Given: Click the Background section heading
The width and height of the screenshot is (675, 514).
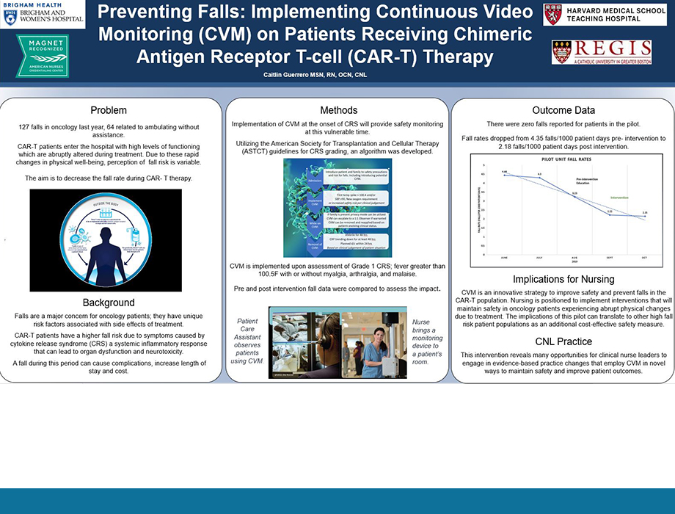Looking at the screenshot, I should pyautogui.click(x=108, y=303).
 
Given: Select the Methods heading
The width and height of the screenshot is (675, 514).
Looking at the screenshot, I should pyautogui.click(x=339, y=109).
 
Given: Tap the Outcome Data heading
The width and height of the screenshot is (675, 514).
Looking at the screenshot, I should pyautogui.click(x=563, y=110).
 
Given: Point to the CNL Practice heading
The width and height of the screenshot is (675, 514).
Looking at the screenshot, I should pyautogui.click(x=563, y=341).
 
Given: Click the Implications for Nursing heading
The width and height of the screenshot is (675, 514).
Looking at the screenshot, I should pyautogui.click(x=563, y=279).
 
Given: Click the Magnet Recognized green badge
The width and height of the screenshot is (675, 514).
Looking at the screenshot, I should pyautogui.click(x=42, y=56).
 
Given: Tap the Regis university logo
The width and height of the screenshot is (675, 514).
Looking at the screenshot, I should pyautogui.click(x=601, y=52).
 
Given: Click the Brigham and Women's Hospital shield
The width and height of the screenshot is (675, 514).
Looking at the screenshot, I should pyautogui.click(x=10, y=18).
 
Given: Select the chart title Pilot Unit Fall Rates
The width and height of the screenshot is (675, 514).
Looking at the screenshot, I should pyautogui.click(x=563, y=158).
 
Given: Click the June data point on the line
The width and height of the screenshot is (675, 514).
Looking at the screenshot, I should pyautogui.click(x=505, y=175).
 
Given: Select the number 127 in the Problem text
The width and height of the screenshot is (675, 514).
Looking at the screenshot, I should pyautogui.click(x=26, y=128).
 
